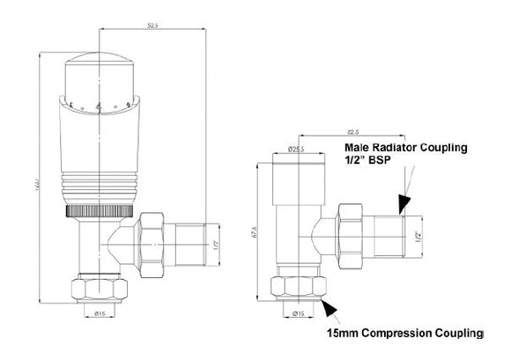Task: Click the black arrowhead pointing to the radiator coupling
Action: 403,204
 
